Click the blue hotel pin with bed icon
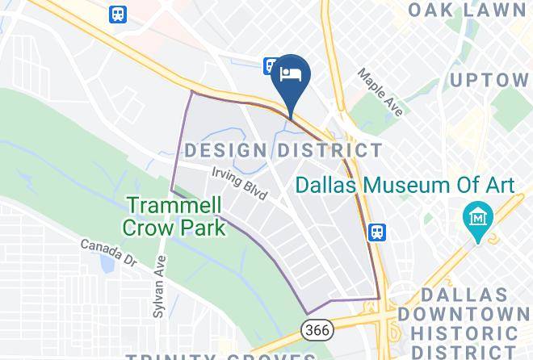(x=291, y=74)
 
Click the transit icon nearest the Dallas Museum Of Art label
(x=376, y=233)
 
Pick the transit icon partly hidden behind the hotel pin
(x=270, y=65)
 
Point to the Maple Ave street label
(x=380, y=92)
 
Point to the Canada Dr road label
(x=108, y=251)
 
